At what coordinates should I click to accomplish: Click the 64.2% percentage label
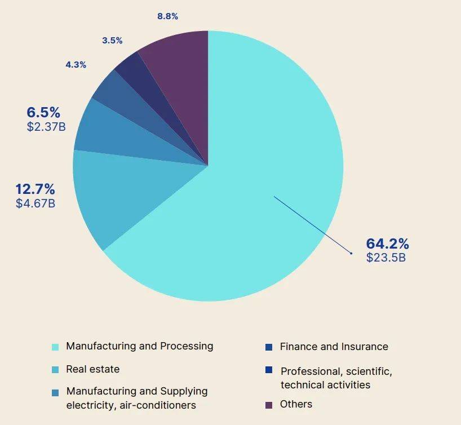(x=387, y=244)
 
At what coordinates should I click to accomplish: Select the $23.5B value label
(x=385, y=258)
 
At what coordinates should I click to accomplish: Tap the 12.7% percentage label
(x=35, y=189)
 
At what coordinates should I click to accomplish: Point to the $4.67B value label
(x=35, y=203)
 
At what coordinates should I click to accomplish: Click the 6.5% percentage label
(x=43, y=112)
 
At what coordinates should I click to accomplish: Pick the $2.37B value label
(x=46, y=126)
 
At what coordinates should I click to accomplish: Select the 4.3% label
(x=76, y=65)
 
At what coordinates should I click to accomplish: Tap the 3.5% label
(x=112, y=41)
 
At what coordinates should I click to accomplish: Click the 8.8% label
(x=167, y=16)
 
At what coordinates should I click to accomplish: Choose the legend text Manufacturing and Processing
(x=139, y=346)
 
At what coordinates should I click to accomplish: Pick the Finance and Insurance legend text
(x=334, y=347)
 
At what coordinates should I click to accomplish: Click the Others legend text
(x=296, y=404)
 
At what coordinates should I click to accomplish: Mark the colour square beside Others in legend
(x=269, y=405)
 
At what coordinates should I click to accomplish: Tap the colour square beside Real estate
(x=55, y=370)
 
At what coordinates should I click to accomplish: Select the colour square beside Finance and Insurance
(x=269, y=347)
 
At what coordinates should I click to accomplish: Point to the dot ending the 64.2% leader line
(x=351, y=253)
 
